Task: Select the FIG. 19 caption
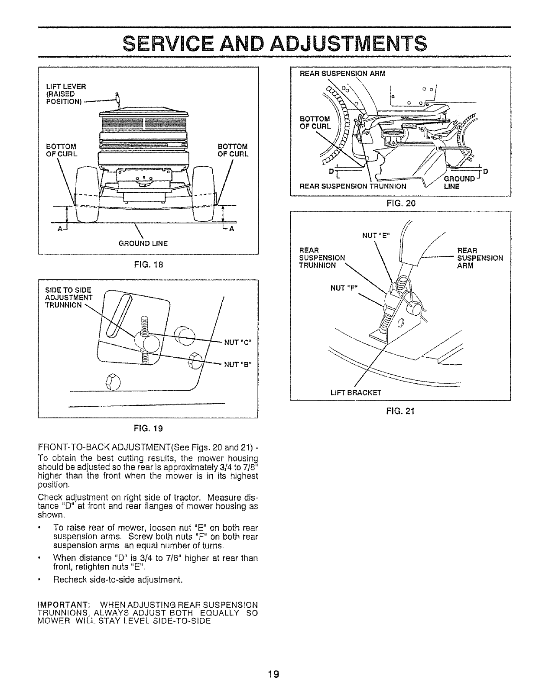(148, 428)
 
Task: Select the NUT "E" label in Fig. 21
(376, 236)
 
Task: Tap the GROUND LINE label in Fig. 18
(143, 243)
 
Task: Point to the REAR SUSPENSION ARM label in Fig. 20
(342, 73)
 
